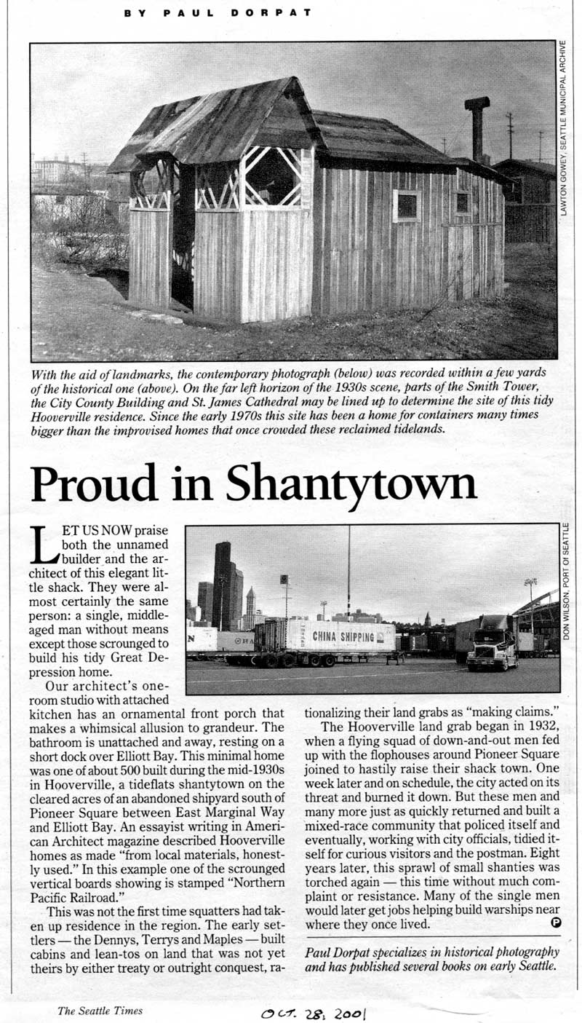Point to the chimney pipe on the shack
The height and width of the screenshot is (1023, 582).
pyautogui.click(x=477, y=127)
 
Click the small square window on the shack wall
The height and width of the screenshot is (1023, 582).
pyautogui.click(x=406, y=205)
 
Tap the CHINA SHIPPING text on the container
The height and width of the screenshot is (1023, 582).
pyautogui.click(x=345, y=636)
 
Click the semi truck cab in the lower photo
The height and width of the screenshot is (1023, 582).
pyautogui.click(x=493, y=645)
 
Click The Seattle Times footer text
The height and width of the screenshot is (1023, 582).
pyautogui.click(x=100, y=1010)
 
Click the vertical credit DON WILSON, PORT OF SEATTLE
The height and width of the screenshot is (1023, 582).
pyautogui.click(x=565, y=583)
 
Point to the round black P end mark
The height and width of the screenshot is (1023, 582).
pyautogui.click(x=555, y=923)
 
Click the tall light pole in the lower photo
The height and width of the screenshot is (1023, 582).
pyautogui.click(x=348, y=575)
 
